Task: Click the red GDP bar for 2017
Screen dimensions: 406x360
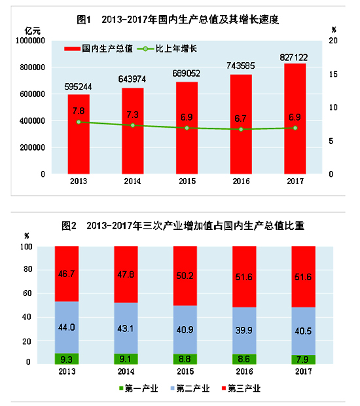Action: pos(295,119)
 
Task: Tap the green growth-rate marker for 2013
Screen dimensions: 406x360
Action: pos(79,122)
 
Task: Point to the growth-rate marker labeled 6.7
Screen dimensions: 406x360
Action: pos(241,129)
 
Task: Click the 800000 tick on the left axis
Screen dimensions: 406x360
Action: pos(30,67)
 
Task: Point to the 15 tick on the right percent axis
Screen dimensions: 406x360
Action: pos(333,74)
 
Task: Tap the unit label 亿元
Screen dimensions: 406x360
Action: pos(32,31)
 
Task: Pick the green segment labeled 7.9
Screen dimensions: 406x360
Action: pos(302,359)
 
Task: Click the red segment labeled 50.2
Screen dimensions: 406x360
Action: pos(185,276)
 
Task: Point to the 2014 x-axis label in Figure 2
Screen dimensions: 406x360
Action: pos(126,371)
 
